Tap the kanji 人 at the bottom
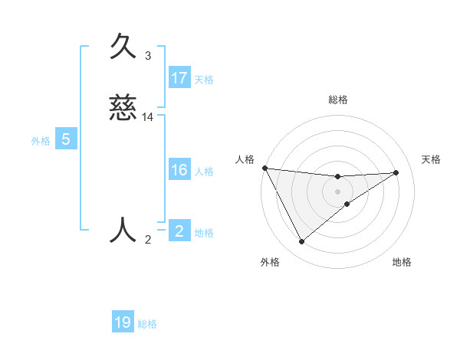pyautogui.click(x=123, y=229)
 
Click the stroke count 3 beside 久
pyautogui.click(x=148, y=56)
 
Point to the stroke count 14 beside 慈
pyautogui.click(x=148, y=117)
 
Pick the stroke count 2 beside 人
pyautogui.click(x=148, y=240)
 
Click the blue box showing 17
pyautogui.click(x=179, y=78)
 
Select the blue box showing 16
pyautogui.click(x=179, y=170)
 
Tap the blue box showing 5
pyautogui.click(x=66, y=139)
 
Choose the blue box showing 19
pyautogui.click(x=123, y=322)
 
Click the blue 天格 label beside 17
pyautogui.click(x=203, y=80)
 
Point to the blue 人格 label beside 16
pyautogui.click(x=203, y=172)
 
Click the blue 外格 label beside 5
pyautogui.click(x=41, y=141)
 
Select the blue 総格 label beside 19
pyautogui.click(x=147, y=324)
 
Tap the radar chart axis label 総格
pyautogui.click(x=338, y=100)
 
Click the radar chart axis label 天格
pyautogui.click(x=432, y=159)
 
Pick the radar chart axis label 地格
pyautogui.click(x=402, y=262)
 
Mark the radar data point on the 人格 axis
pyautogui.click(x=264, y=168)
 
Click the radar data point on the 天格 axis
pyautogui.click(x=396, y=172)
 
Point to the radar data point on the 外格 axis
pyautogui.click(x=301, y=242)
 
